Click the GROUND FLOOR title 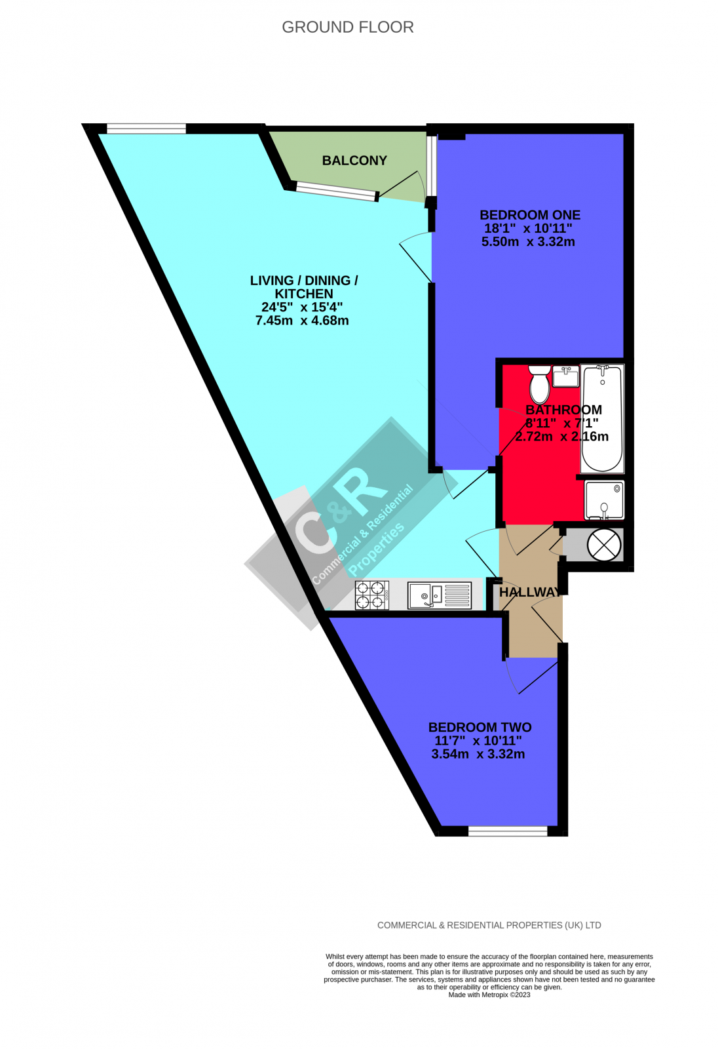(347, 27)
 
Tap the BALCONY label (354, 161)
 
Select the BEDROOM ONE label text (530, 215)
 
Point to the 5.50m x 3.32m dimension (528, 241)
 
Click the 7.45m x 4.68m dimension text (302, 321)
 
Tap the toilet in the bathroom (540, 384)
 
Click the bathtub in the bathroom (602, 419)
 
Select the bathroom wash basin (566, 377)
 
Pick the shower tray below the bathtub (604, 500)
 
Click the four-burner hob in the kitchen (372, 595)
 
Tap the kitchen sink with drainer (439, 595)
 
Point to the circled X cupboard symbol (603, 544)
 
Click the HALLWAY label (530, 593)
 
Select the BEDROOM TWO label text (480, 727)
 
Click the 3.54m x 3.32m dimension (478, 754)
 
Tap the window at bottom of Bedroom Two (508, 831)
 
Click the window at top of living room (146, 129)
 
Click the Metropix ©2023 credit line (489, 995)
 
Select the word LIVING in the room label (272, 281)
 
